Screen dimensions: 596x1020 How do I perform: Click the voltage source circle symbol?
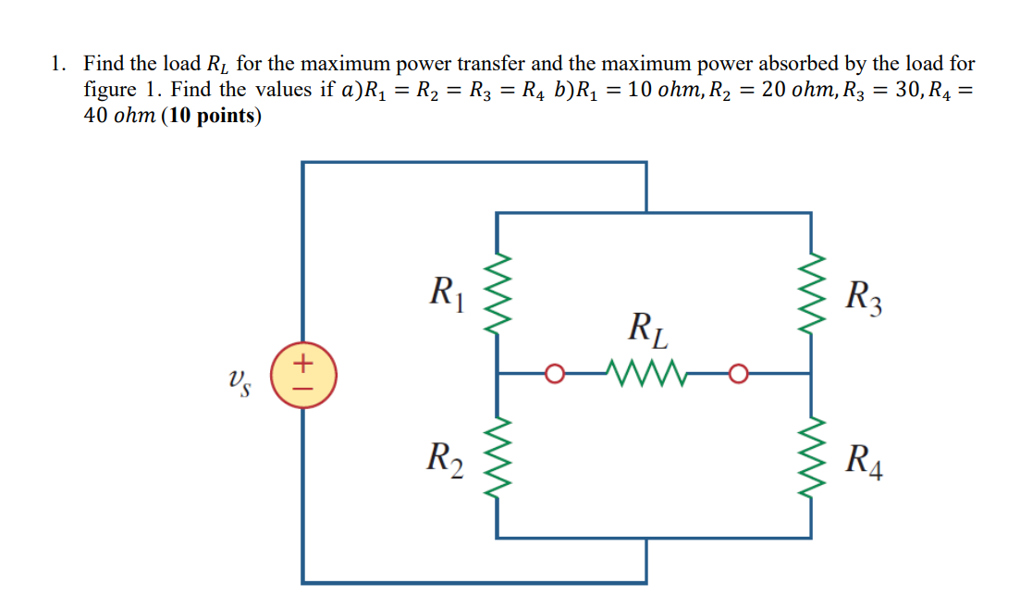pyautogui.click(x=303, y=375)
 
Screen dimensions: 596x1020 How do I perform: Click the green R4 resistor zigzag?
pyautogui.click(x=811, y=455)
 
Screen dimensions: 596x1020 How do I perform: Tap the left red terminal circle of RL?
pyautogui.click(x=555, y=374)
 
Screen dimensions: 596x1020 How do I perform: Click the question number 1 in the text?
pyautogui.click(x=57, y=64)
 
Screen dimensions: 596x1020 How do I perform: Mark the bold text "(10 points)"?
pyautogui.click(x=212, y=117)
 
